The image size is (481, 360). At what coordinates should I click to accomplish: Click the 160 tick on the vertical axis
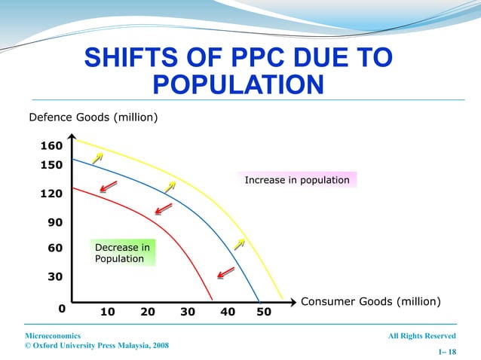(x=51, y=146)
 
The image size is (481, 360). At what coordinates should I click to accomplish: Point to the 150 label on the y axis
(x=51, y=164)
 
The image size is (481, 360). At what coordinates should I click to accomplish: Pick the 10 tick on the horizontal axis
(x=108, y=311)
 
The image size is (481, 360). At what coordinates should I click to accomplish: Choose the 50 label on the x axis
(x=264, y=311)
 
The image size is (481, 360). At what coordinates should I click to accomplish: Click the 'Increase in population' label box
(x=297, y=180)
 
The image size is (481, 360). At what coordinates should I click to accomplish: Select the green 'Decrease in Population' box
(x=122, y=253)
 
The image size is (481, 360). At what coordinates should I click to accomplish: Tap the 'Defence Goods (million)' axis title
(x=93, y=117)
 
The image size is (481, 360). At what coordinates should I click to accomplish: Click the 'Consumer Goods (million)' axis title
(x=370, y=301)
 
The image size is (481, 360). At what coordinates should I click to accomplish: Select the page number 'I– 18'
(x=446, y=352)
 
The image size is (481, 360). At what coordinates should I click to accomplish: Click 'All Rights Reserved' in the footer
(x=421, y=335)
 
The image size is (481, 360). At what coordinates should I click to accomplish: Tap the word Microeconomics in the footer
(x=54, y=335)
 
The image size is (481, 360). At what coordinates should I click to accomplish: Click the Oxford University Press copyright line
(x=97, y=346)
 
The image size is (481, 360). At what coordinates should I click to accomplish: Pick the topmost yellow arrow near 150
(x=97, y=157)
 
